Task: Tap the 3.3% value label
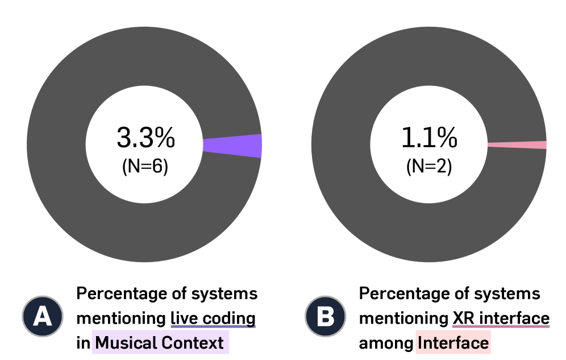[x=145, y=138]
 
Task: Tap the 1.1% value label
[x=429, y=138]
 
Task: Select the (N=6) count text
[x=145, y=167]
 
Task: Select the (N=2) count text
[x=429, y=167]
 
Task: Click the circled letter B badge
[x=325, y=316]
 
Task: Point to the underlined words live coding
[x=213, y=318]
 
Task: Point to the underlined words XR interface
[x=501, y=318]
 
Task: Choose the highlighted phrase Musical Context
[x=160, y=343]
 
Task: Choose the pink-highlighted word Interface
[x=452, y=343]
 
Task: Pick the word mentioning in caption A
[x=120, y=318]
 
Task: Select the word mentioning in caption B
[x=403, y=318]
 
